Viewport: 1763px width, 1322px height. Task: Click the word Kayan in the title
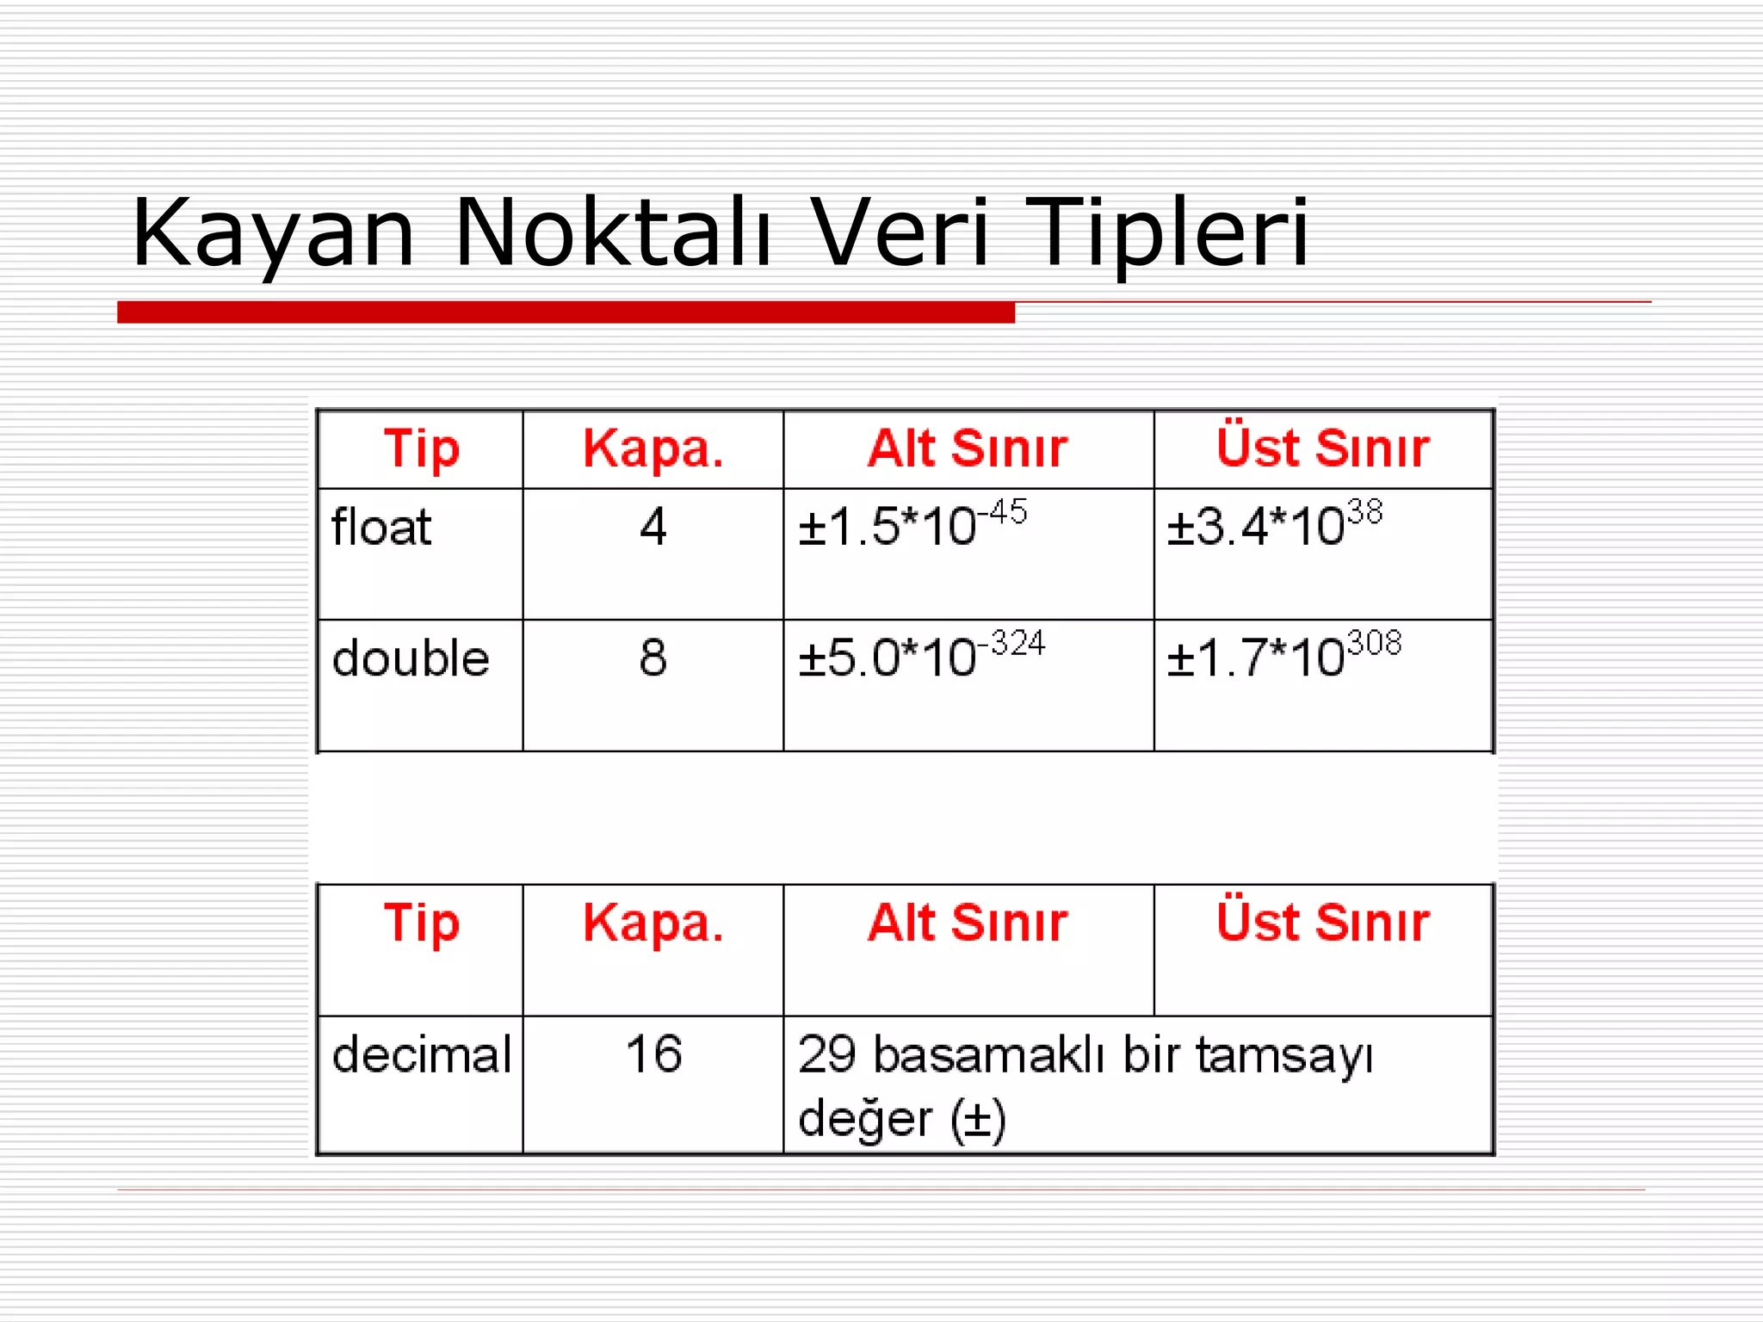[x=274, y=232]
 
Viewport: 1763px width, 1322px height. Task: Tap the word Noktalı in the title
[x=613, y=232]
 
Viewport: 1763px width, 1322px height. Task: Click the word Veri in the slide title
[x=900, y=232]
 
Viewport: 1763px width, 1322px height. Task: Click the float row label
[x=381, y=527]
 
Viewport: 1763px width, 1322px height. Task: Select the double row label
[x=411, y=658]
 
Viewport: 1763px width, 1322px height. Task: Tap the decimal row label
[x=422, y=1054]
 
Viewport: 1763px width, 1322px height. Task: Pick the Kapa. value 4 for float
[x=653, y=527]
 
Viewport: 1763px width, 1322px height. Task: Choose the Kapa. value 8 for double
[x=653, y=658]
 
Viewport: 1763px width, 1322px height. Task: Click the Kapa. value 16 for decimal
[x=653, y=1053]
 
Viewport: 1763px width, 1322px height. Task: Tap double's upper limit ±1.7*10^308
[x=1284, y=655]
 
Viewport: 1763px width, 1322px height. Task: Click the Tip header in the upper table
[x=422, y=449]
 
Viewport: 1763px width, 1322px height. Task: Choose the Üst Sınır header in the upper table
[x=1323, y=448]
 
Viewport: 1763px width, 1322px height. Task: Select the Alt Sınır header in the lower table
[x=968, y=923]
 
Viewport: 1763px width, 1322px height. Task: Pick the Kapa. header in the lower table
[x=653, y=924]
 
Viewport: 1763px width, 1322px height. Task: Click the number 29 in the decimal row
[x=826, y=1054]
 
